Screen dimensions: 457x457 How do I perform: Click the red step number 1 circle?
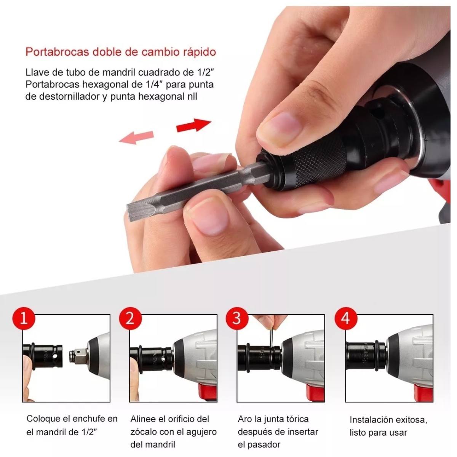24,318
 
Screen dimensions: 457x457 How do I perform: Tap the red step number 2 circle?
131,318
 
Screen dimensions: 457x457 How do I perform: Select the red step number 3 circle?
237,318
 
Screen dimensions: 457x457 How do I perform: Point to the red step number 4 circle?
346,318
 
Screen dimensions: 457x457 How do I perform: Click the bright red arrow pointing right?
193,125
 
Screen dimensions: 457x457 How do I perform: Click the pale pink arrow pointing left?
136,137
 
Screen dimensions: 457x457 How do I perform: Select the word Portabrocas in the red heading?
57,52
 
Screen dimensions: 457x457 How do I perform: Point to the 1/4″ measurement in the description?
151,85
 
